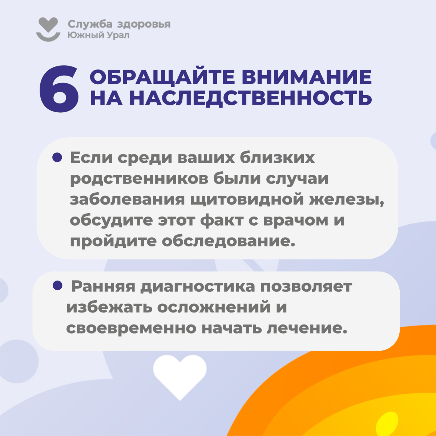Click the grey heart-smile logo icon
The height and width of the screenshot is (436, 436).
pos(48,29)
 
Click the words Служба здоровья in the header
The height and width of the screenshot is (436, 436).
pos(119,24)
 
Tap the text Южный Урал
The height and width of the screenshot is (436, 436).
pos(98,35)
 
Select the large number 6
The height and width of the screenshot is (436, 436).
pos(59,89)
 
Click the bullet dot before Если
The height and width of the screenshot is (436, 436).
pos(57,157)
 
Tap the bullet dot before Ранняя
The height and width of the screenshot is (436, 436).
pos(57,285)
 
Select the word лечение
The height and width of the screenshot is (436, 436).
pos(307,328)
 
